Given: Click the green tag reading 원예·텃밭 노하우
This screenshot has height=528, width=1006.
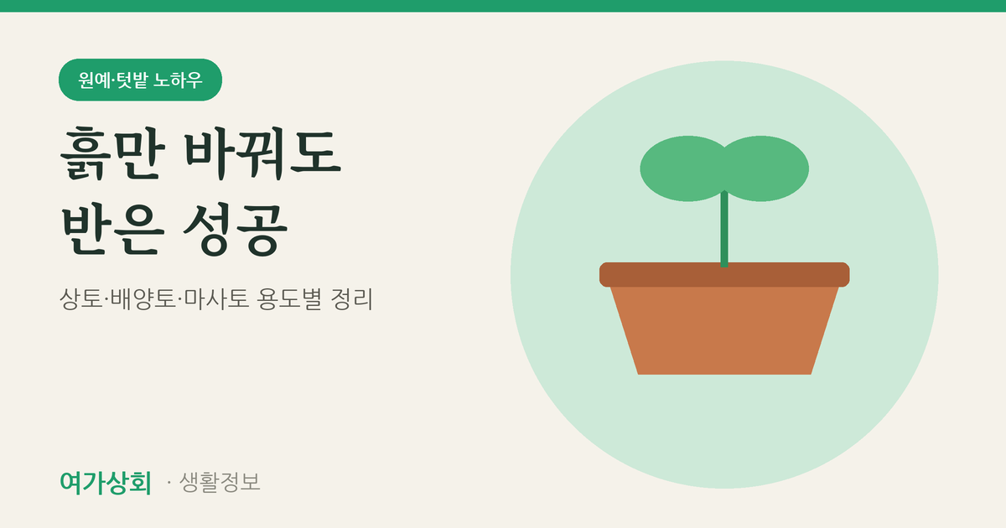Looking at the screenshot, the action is tap(140, 80).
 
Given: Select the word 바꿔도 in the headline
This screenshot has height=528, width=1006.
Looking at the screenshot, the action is tap(262, 153).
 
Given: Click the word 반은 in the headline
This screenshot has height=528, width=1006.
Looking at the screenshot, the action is tap(112, 230).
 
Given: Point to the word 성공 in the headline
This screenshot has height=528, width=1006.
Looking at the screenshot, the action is tap(236, 230).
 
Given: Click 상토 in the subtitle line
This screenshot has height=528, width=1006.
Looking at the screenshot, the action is tap(81, 298).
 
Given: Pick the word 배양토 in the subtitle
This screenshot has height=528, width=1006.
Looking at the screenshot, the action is tap(143, 298).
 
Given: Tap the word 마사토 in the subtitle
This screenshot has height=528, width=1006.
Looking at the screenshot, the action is tap(216, 298).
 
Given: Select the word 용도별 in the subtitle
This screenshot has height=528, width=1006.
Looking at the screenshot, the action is tap(290, 298).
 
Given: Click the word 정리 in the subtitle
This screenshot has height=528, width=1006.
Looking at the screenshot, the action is tap(351, 298).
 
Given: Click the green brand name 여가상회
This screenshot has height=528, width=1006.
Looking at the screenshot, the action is tap(106, 483).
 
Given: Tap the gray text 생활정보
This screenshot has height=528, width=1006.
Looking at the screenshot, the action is tap(220, 482).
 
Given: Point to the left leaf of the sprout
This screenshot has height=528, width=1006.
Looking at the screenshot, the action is tap(683, 168).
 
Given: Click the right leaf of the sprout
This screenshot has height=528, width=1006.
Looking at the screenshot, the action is tap(765, 168).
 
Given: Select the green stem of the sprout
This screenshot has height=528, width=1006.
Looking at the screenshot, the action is tap(724, 229).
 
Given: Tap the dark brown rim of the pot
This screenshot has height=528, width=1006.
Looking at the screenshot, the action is tap(724, 274).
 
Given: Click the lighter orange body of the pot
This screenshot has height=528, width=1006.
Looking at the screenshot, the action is tap(724, 330).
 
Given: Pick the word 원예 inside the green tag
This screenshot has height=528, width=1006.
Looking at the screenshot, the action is tap(94, 80).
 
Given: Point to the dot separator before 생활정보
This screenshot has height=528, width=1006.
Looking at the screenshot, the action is tap(169, 483).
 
